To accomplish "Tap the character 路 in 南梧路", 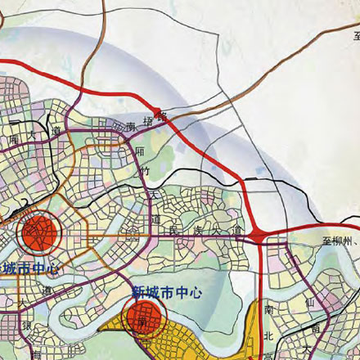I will [161, 116].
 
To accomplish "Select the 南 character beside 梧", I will [131, 127].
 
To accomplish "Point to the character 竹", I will [145, 171].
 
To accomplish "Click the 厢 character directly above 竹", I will [140, 151].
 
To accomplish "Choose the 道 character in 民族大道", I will [236, 233].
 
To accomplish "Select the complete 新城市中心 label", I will [169, 291].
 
